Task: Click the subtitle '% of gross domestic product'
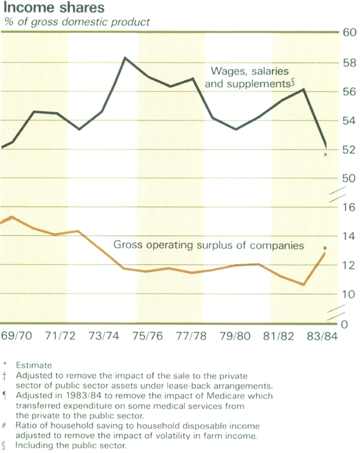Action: (77, 22)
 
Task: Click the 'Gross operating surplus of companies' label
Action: (209, 245)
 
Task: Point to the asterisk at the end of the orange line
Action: (325, 248)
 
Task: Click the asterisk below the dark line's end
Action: (325, 155)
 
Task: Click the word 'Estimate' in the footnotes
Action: (35, 364)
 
